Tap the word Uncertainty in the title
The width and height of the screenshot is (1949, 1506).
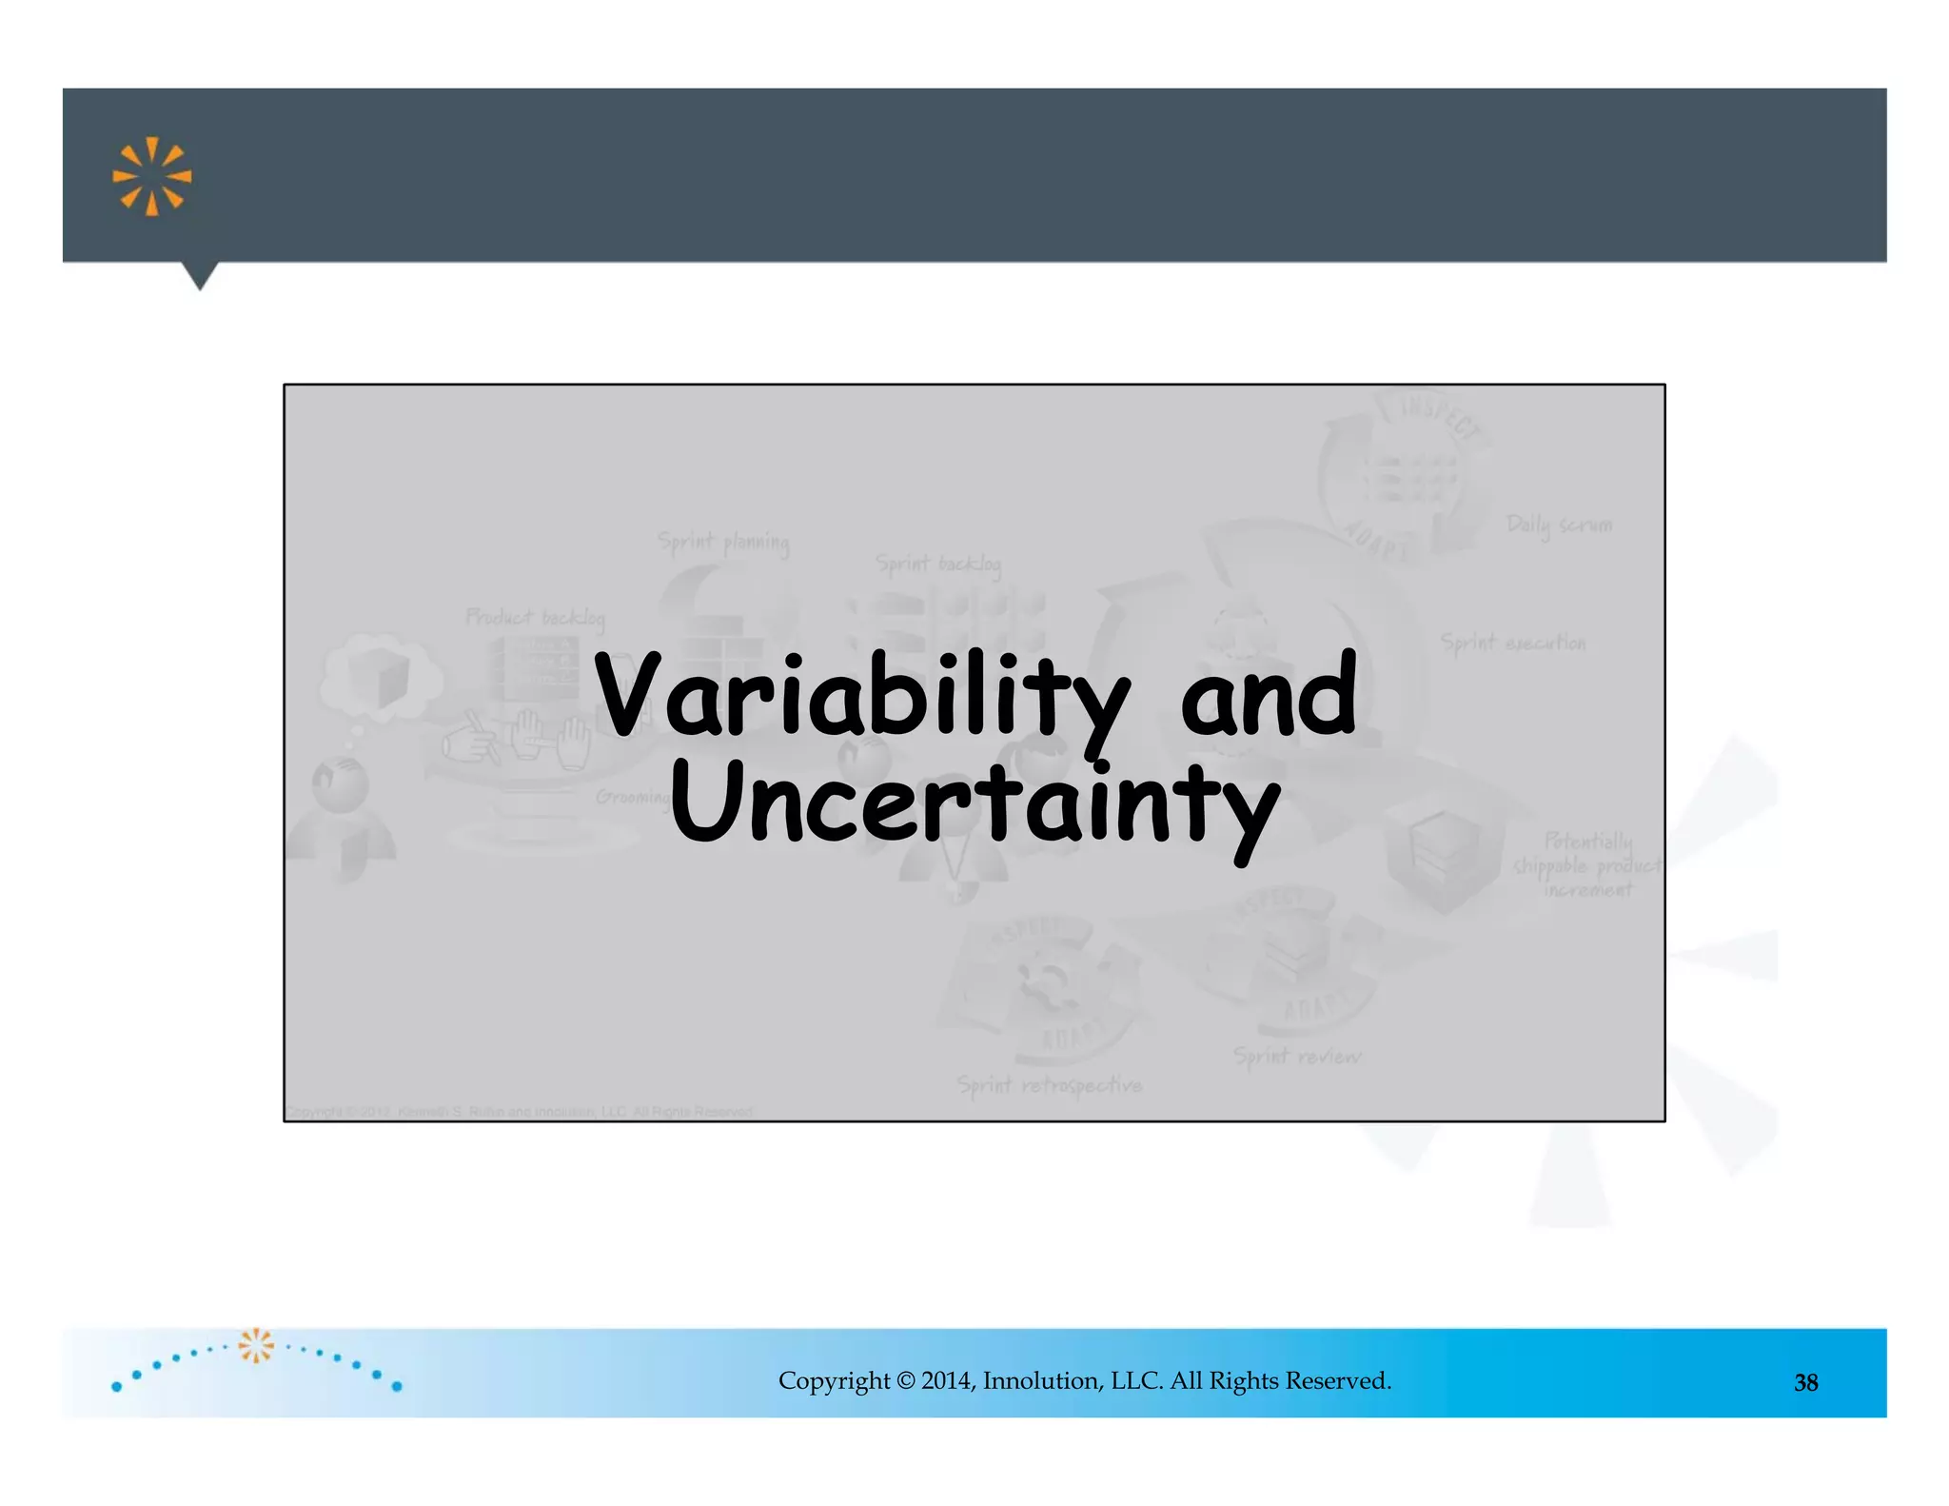(x=974, y=807)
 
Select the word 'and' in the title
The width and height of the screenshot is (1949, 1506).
(x=1269, y=697)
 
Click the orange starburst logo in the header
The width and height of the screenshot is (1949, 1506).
(x=152, y=176)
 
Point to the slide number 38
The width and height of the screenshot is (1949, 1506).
(x=1805, y=1382)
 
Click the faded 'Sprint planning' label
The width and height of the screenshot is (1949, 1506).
(x=723, y=543)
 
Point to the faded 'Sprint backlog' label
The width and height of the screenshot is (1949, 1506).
(x=938, y=565)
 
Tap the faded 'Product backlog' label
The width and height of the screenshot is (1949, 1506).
(x=535, y=618)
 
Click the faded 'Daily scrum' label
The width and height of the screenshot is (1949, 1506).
(x=1559, y=525)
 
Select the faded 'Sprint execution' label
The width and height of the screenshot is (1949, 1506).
(x=1513, y=643)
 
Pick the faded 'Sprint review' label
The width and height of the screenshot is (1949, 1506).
(x=1297, y=1056)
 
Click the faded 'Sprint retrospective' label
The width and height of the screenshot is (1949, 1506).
(x=1049, y=1085)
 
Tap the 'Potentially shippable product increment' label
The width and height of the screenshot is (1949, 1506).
(x=1587, y=865)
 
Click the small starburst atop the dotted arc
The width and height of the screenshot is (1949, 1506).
(x=256, y=1345)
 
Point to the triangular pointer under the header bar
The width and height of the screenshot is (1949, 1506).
(x=200, y=275)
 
